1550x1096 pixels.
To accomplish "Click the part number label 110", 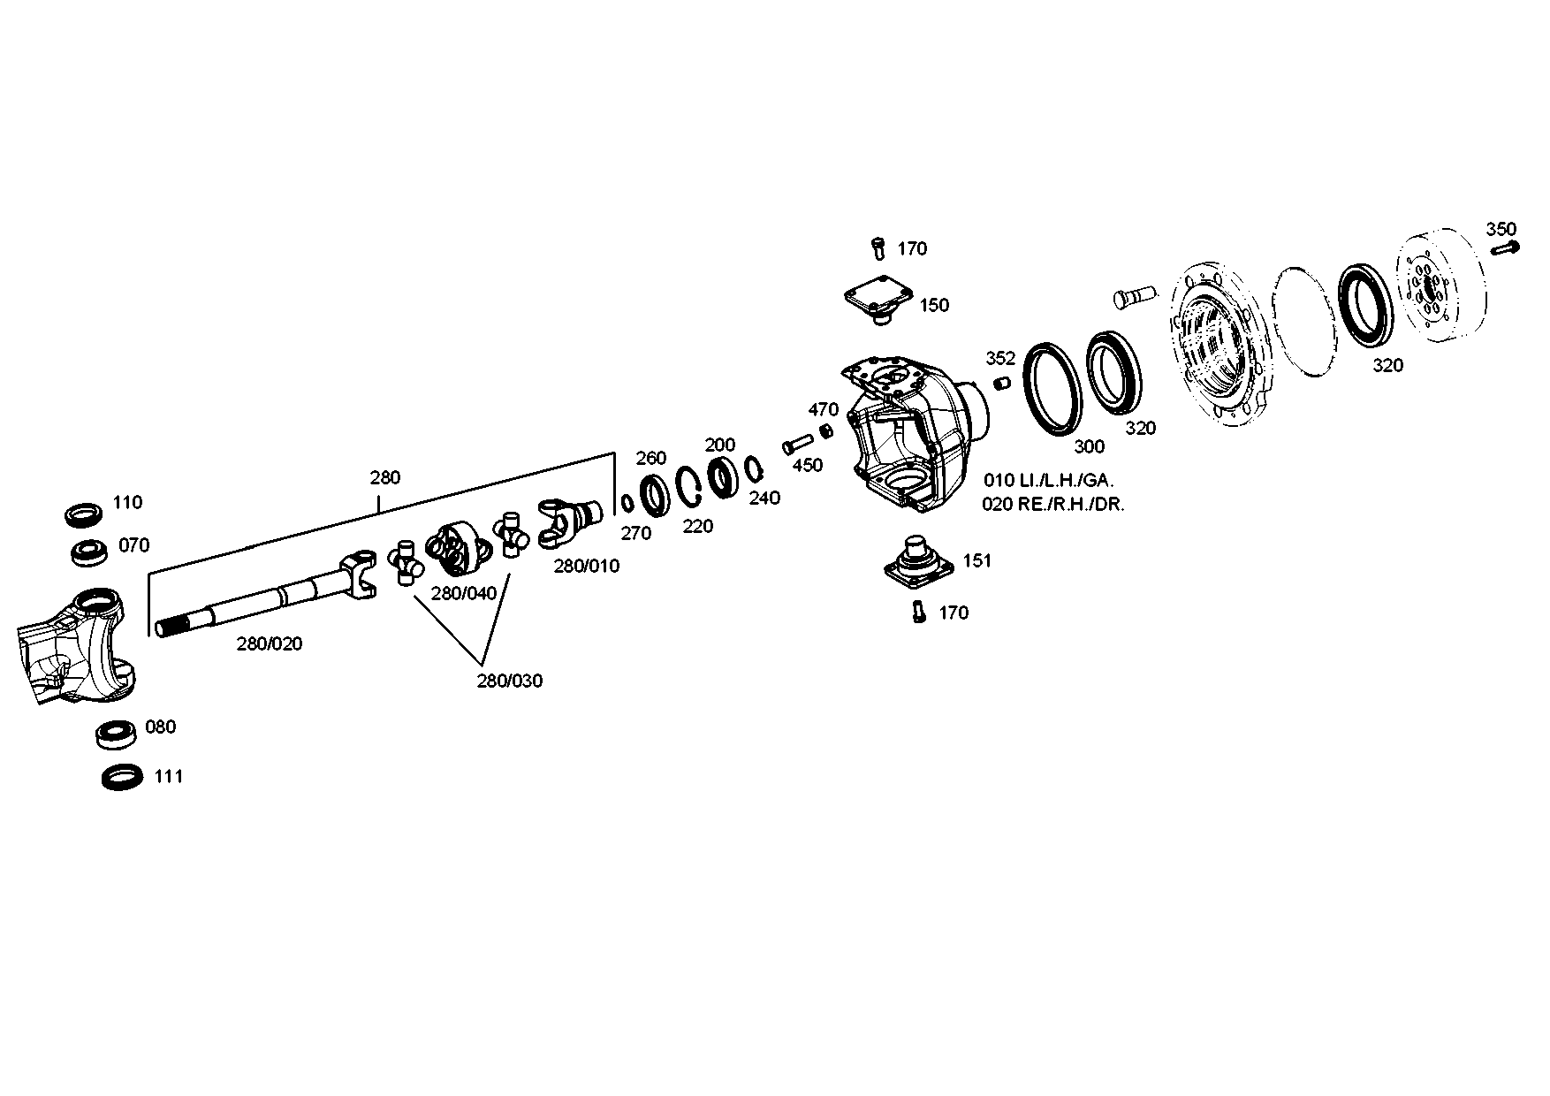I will tap(127, 503).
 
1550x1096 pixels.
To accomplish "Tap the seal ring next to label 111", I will tap(122, 778).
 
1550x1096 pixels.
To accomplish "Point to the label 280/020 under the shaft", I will tap(269, 644).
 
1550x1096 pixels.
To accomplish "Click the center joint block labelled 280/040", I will tap(456, 548).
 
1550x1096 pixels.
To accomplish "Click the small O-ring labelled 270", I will tap(626, 504).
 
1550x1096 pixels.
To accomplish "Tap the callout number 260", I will tap(651, 458).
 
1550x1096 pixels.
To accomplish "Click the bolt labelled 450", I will tap(797, 444).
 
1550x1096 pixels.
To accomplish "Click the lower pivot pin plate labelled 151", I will tap(920, 563).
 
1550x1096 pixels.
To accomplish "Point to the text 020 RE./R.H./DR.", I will tap(1053, 505).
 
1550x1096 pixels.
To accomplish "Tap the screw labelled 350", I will tap(1504, 248).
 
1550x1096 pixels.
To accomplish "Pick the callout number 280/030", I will tap(510, 681).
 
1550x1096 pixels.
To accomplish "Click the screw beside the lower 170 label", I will tap(918, 612).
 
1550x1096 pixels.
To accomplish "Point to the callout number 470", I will tap(823, 409).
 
